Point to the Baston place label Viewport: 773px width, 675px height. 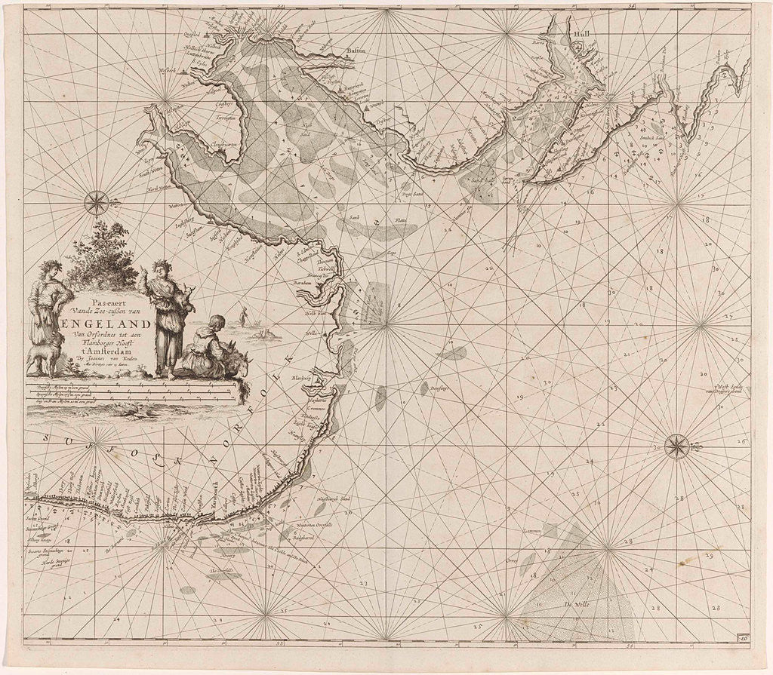(x=356, y=51)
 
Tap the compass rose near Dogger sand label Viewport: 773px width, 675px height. (x=677, y=446)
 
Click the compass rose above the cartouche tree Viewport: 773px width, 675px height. (x=96, y=201)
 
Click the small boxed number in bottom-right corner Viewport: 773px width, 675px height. (x=744, y=640)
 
